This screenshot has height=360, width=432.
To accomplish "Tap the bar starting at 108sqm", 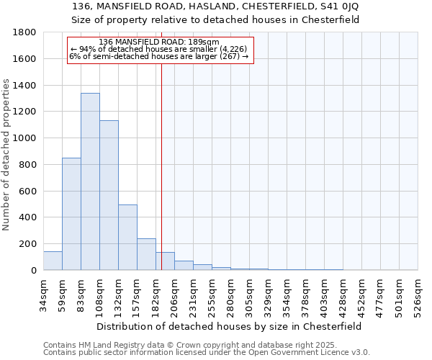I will pyautogui.click(x=109, y=195).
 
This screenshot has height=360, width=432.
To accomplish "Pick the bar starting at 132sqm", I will pyautogui.click(x=127, y=238).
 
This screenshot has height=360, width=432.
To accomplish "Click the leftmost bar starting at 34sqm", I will pyautogui.click(x=53, y=261).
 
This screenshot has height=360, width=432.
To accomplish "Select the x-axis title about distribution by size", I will pyautogui.click(x=230, y=326).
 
